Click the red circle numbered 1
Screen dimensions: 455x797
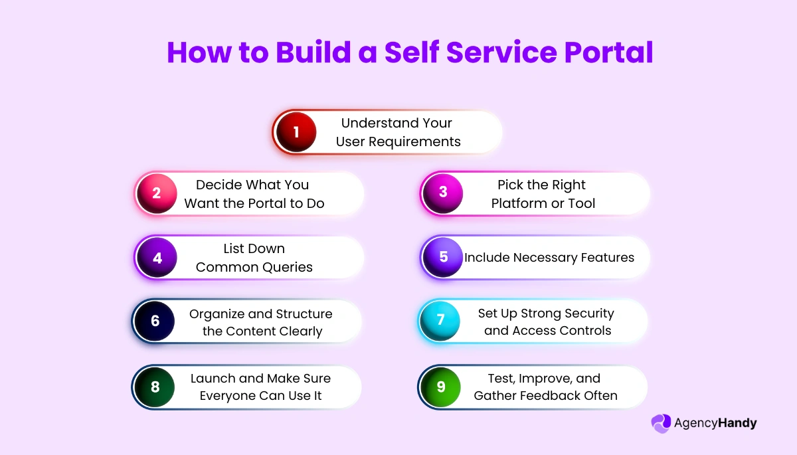pos(296,132)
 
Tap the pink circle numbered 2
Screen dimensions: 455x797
pos(157,194)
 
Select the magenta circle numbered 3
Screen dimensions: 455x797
pos(443,194)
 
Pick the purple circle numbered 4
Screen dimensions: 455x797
pos(157,258)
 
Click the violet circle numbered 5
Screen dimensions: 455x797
pos(444,258)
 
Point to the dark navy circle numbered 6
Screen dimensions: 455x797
pos(155,321)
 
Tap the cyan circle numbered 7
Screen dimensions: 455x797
pos(440,320)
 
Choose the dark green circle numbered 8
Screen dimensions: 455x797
pos(155,387)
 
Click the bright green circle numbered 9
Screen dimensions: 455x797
pos(441,387)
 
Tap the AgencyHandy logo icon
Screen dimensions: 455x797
pos(661,424)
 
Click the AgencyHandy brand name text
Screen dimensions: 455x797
pos(715,424)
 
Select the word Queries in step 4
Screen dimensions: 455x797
pos(287,267)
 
